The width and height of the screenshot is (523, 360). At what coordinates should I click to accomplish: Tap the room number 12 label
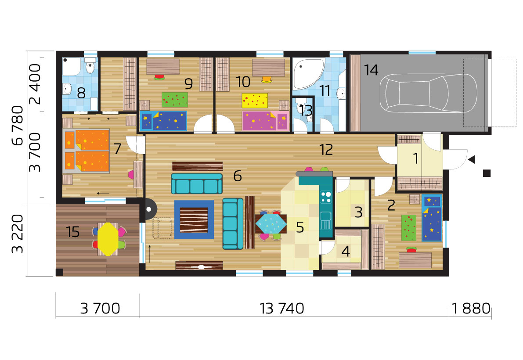[x=326, y=150]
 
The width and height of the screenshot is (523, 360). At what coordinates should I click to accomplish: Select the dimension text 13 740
[x=282, y=309]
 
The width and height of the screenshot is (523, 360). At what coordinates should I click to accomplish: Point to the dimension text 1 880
[x=471, y=309]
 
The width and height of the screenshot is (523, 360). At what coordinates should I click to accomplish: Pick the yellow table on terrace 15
[x=108, y=239]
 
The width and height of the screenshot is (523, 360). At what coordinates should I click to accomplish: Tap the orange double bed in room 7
[x=86, y=150]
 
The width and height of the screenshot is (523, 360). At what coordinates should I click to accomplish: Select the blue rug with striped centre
[x=194, y=220]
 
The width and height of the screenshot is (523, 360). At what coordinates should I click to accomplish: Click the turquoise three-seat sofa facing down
[x=197, y=184]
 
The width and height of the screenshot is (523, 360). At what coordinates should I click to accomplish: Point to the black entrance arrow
[x=471, y=160]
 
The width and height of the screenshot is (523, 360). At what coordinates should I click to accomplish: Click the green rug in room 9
[x=175, y=100]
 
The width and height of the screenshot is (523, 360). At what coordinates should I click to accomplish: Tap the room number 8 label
[x=81, y=93]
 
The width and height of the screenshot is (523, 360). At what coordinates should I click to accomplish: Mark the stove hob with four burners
[x=326, y=197]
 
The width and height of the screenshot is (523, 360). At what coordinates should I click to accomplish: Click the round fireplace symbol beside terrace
[x=149, y=209]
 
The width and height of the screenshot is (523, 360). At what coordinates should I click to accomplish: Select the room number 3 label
[x=359, y=212]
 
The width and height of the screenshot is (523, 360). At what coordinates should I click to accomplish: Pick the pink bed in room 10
[x=265, y=121]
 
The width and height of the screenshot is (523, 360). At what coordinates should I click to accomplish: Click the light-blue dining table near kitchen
[x=271, y=223]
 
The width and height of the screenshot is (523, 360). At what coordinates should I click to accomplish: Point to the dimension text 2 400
[x=35, y=84]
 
